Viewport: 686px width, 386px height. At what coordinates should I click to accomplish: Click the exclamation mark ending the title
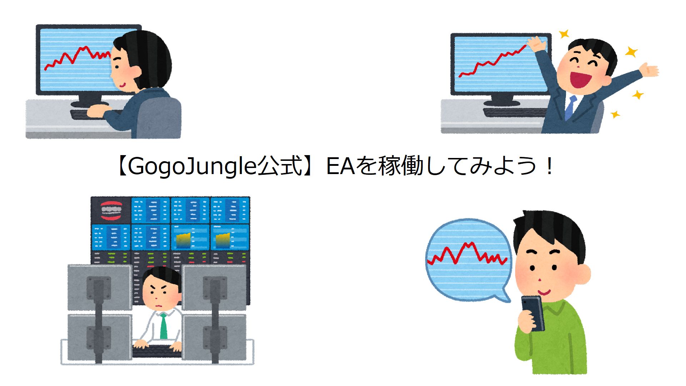(x=549, y=167)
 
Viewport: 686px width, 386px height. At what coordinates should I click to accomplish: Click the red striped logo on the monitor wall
(x=111, y=211)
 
